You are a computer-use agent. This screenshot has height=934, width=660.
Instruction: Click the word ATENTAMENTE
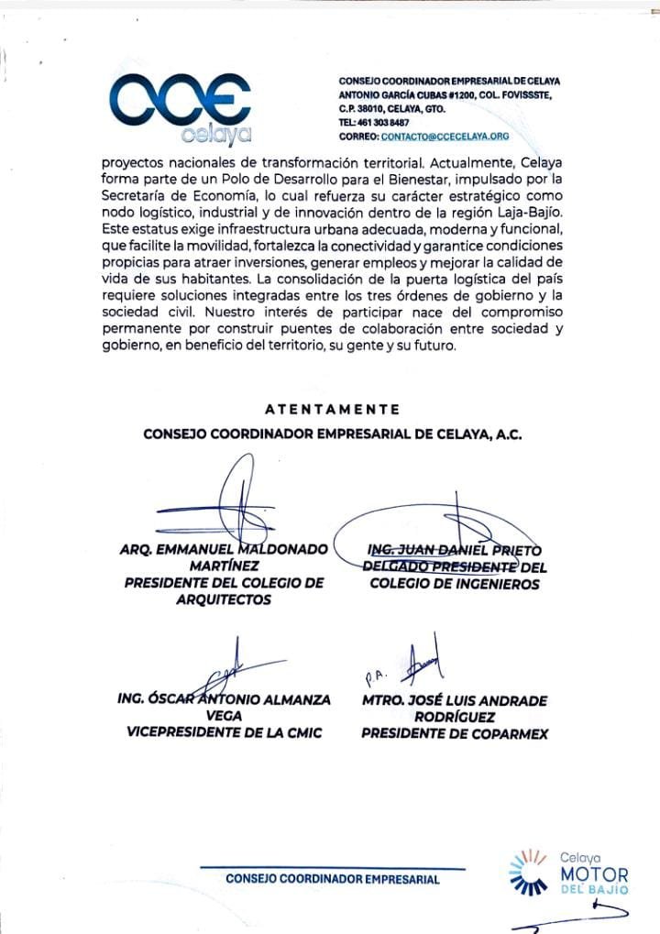tap(332, 409)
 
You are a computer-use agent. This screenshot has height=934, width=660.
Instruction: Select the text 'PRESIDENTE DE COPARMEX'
tap(455, 733)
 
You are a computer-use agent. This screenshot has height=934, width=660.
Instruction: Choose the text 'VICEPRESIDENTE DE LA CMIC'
tap(225, 733)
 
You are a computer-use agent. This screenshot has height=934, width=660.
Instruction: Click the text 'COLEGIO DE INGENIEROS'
tap(455, 584)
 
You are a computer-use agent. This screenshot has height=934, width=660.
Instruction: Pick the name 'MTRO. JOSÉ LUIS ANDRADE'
tap(455, 700)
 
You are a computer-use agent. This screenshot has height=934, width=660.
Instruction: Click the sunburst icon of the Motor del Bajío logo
tap(527, 872)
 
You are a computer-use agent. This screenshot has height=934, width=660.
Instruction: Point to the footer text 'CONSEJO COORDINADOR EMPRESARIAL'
tap(333, 879)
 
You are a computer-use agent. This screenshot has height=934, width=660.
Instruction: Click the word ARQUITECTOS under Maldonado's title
tap(224, 600)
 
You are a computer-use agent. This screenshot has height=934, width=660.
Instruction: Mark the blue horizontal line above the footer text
tap(333, 867)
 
